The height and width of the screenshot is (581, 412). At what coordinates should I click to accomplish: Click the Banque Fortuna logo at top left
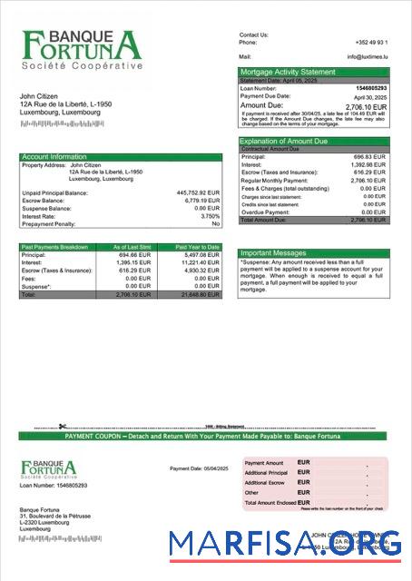click(83, 51)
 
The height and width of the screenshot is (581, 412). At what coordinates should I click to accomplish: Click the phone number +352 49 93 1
click(372, 42)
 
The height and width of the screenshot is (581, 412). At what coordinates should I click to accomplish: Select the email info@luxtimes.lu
click(367, 56)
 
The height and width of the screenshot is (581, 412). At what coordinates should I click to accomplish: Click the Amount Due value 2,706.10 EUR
click(367, 105)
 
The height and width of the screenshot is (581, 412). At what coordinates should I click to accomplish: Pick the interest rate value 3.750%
click(210, 216)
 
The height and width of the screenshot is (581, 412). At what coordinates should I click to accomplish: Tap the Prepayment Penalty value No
click(216, 223)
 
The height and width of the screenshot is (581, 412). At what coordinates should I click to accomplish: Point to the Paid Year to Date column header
click(198, 247)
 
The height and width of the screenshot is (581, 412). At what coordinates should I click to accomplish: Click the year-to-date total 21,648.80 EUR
click(201, 295)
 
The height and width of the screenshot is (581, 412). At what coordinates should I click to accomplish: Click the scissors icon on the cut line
click(62, 427)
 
